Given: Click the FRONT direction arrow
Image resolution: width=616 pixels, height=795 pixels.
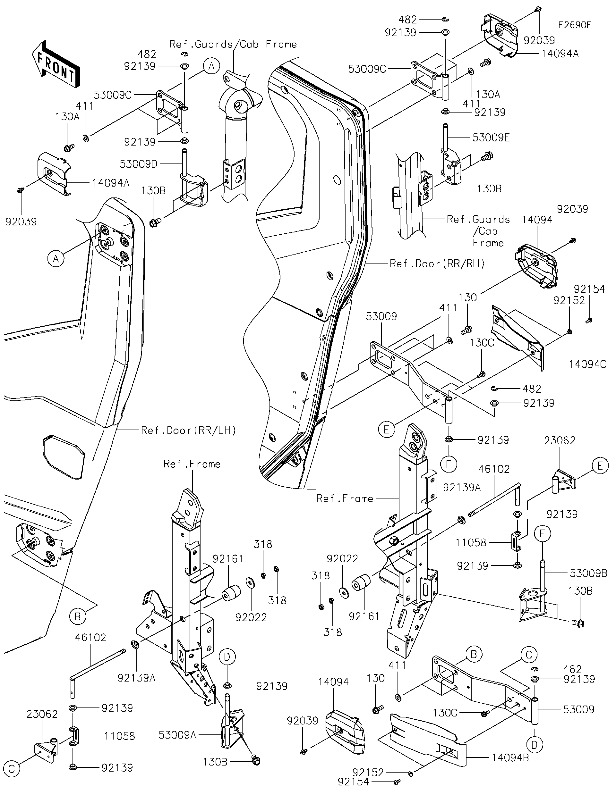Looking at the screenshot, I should [x=56, y=64].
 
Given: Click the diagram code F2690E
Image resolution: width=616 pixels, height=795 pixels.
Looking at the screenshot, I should [x=575, y=25].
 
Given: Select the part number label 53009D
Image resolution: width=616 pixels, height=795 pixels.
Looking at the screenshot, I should [x=138, y=164].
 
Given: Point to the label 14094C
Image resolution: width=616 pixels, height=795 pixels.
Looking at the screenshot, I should [x=587, y=364].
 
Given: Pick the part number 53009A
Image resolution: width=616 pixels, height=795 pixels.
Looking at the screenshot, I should [x=177, y=735].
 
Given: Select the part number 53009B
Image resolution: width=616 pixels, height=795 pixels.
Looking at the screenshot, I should [x=588, y=573].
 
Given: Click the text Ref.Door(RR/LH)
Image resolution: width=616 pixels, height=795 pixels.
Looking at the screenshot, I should [x=188, y=431].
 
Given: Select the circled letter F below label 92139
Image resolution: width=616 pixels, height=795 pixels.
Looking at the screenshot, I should [x=449, y=464].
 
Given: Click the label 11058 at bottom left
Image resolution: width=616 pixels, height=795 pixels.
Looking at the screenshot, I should [x=119, y=736].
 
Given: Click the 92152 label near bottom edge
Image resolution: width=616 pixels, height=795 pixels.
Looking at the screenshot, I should [x=368, y=772].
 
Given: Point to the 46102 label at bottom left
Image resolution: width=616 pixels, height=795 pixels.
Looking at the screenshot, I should [x=90, y=637].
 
